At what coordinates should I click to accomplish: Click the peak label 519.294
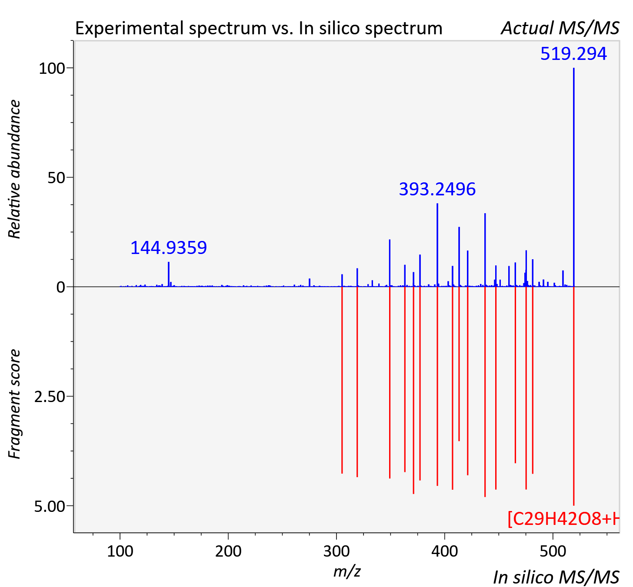(x=573, y=54)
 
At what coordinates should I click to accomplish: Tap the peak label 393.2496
(x=437, y=189)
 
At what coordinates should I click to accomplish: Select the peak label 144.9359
(x=169, y=247)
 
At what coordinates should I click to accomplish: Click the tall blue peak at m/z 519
(x=574, y=177)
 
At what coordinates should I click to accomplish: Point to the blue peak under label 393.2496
(x=437, y=245)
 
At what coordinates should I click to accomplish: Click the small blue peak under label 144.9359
(x=169, y=274)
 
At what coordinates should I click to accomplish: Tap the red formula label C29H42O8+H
(x=563, y=519)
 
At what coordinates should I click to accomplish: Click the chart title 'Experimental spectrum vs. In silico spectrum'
(x=259, y=28)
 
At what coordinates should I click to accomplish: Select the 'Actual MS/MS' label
(x=560, y=28)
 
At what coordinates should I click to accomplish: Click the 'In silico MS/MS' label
(x=556, y=577)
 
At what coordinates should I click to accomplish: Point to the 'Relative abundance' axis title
(x=14, y=169)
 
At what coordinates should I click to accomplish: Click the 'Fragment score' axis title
(x=14, y=404)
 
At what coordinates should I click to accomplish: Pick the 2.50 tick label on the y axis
(x=50, y=397)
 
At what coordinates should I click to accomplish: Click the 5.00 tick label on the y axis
(x=50, y=506)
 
